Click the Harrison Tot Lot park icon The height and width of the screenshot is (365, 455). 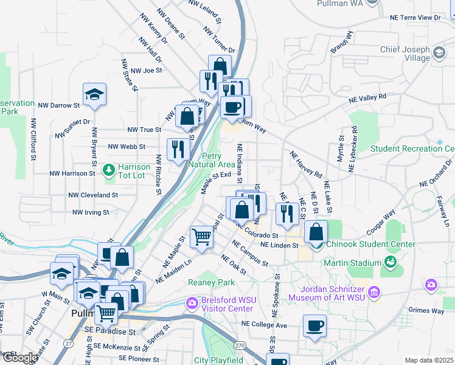pyautogui.click(x=109, y=169)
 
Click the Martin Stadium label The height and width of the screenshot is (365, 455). pyautogui.click(x=352, y=262)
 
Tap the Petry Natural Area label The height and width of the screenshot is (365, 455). pyautogui.click(x=211, y=160)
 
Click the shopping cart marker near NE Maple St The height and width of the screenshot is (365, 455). pyautogui.click(x=201, y=237)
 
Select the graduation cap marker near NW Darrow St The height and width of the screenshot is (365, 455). pyautogui.click(x=94, y=94)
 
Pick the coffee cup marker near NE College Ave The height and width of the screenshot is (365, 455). pyautogui.click(x=314, y=326)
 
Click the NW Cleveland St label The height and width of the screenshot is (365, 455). pyautogui.click(x=93, y=195)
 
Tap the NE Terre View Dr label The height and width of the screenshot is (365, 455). pyautogui.click(x=415, y=18)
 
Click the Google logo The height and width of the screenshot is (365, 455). pyautogui.click(x=19, y=358)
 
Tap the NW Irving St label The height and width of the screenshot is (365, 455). pyautogui.click(x=91, y=212)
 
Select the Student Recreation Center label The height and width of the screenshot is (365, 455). pyautogui.click(x=412, y=148)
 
